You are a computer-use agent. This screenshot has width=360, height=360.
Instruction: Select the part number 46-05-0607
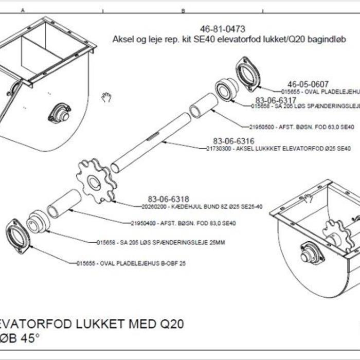click(x=308, y=84)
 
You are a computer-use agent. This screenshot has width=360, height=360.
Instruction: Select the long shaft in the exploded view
click(x=152, y=143)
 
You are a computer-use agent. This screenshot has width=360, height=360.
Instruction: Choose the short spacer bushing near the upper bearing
click(x=201, y=106)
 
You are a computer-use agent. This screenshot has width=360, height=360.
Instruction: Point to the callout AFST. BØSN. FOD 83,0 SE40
click(x=183, y=224)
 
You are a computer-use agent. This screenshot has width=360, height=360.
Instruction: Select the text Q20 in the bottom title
click(x=171, y=324)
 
